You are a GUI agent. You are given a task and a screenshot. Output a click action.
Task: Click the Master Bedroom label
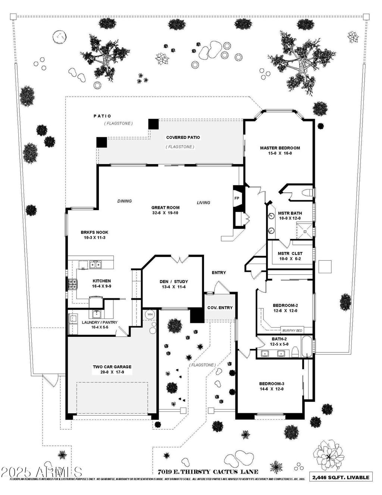280,148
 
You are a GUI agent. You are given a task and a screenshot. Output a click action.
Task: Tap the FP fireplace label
237,198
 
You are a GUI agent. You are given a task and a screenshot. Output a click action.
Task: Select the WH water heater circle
150,314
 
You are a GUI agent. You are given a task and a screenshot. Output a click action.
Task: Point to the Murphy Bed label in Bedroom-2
292,330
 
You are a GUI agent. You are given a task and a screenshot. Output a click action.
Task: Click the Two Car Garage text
112,367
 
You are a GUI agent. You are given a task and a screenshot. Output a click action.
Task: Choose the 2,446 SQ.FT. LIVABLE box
341,477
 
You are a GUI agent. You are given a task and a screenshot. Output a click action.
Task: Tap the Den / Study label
174,281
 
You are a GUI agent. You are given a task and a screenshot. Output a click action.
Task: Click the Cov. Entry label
220,308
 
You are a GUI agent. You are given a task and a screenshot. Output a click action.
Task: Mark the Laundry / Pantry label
99,322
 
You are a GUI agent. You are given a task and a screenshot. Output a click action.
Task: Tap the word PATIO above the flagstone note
102,116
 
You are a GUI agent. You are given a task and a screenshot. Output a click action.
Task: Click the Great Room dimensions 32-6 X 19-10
165,213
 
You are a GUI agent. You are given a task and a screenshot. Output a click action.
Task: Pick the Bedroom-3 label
272,383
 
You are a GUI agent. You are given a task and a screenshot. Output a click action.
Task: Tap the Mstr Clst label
290,253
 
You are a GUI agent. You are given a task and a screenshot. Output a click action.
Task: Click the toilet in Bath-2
295,352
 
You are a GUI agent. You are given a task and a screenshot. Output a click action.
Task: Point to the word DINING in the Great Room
125,201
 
